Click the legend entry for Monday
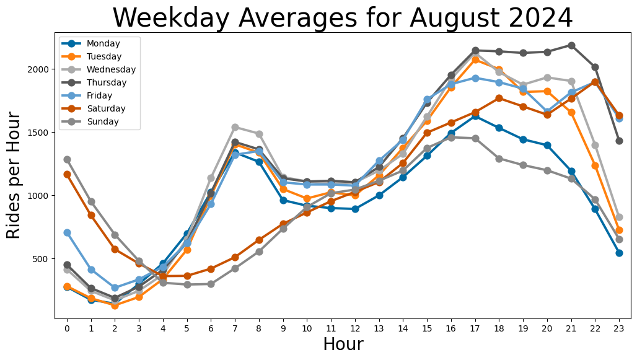tap(103, 43)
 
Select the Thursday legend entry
tap(106, 82)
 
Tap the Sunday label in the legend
tap(102, 121)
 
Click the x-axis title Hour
tap(343, 345)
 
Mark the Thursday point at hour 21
tap(571, 45)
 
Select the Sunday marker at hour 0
tap(67, 159)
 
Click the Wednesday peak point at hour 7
tap(235, 127)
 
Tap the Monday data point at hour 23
tap(619, 253)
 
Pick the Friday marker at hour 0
tap(67, 232)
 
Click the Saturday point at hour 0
tap(67, 174)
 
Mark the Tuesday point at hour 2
tap(115, 305)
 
